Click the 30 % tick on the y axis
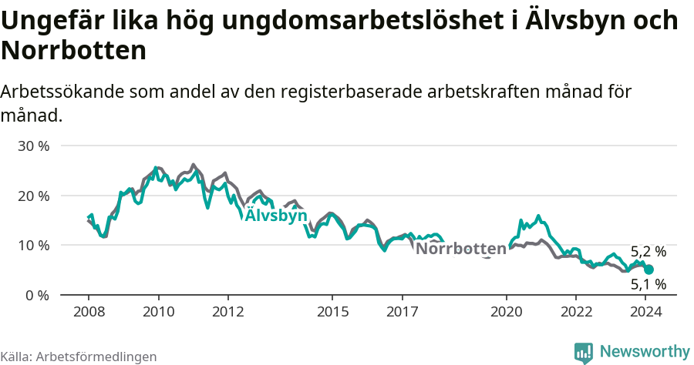34,146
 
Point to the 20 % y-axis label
34,196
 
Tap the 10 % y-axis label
34,246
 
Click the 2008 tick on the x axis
89,312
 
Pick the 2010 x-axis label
158,312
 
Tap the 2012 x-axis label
228,312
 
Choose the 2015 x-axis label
332,312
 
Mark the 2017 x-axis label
402,312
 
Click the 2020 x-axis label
507,312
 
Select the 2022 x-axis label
576,312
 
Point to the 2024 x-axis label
645,312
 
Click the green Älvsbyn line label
276,216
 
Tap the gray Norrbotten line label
460,249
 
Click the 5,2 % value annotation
648,252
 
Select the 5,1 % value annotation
648,285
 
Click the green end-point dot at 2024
649,270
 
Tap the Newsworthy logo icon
584,353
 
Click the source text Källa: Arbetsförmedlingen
79,357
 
